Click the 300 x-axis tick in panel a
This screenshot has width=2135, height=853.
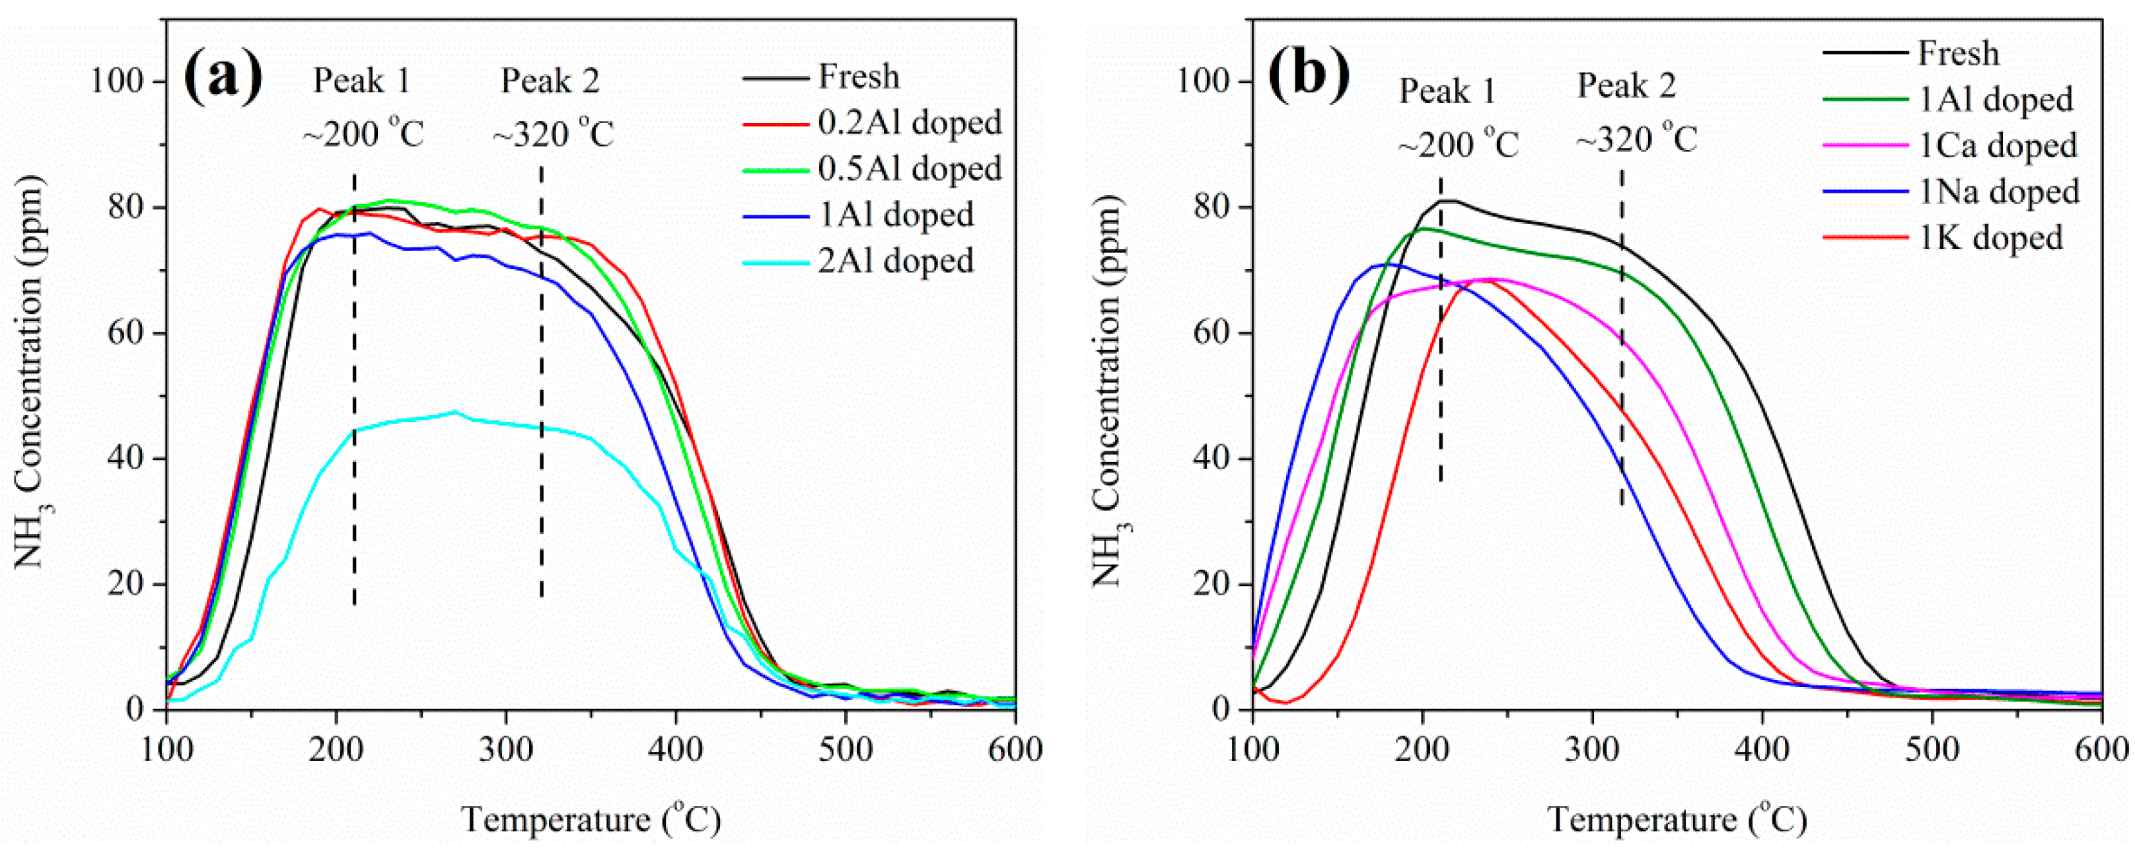pos(505,749)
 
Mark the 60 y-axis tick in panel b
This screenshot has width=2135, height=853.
pos(1214,333)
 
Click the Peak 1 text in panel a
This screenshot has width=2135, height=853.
pos(362,81)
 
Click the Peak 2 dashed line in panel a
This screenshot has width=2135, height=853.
pos(541,381)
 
